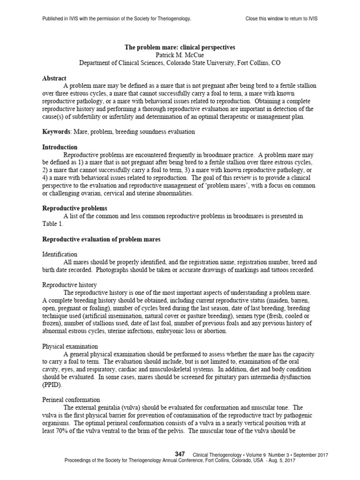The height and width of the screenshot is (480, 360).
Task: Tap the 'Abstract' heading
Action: [x=54, y=78]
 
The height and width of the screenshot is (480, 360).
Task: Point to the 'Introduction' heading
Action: [x=60, y=147]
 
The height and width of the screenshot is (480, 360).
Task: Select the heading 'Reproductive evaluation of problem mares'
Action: [x=101, y=240]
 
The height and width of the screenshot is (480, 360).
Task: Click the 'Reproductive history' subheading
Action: [x=70, y=285]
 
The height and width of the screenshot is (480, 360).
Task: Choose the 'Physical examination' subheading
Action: [x=70, y=346]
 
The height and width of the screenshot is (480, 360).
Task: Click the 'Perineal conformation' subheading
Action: [x=71, y=400]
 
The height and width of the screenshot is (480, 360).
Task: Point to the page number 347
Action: [x=180, y=454]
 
